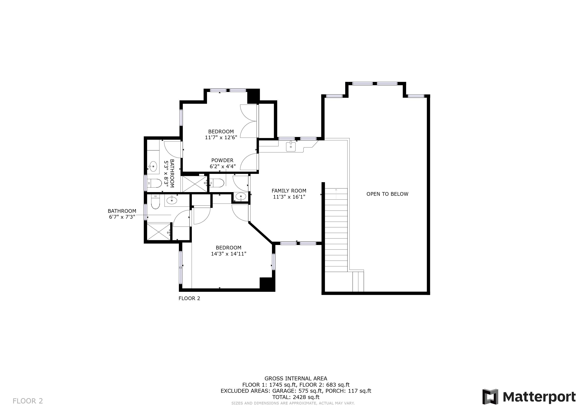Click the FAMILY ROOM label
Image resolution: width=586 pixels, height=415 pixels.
click(289, 191)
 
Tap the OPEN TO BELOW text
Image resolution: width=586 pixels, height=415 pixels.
click(387, 194)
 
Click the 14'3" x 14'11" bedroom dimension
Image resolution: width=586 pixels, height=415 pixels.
click(228, 254)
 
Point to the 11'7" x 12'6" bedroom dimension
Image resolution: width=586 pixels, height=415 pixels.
click(221, 137)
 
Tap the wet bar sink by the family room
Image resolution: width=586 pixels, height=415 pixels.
click(291, 147)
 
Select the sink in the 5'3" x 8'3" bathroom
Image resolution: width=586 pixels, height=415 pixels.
click(153, 166)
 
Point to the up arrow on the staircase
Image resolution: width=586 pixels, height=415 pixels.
click(336, 194)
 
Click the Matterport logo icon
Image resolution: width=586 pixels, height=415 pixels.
click(490, 397)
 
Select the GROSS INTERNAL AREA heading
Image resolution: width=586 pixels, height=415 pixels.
click(296, 379)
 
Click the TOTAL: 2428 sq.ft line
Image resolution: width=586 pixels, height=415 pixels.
click(296, 397)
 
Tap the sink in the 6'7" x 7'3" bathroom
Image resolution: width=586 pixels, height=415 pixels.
click(172, 200)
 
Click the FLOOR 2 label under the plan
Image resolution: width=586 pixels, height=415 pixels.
click(189, 298)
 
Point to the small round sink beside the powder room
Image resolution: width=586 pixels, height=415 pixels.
click(241, 197)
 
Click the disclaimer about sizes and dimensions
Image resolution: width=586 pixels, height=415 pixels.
click(293, 403)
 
